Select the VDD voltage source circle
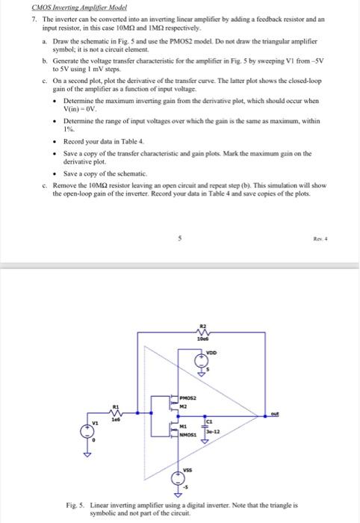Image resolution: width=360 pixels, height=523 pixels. coord(200,362)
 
